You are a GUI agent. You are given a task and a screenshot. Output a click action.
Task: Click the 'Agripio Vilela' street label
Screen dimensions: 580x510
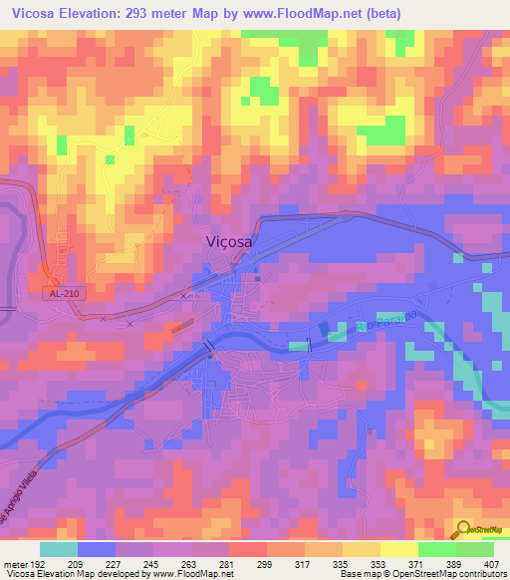tap(26, 488)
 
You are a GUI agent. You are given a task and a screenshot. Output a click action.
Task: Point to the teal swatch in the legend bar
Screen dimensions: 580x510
tap(59, 548)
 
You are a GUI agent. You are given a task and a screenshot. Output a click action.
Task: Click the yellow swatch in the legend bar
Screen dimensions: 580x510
tap(398, 548)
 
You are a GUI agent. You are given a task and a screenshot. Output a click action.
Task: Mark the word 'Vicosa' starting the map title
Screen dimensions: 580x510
tap(32, 13)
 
